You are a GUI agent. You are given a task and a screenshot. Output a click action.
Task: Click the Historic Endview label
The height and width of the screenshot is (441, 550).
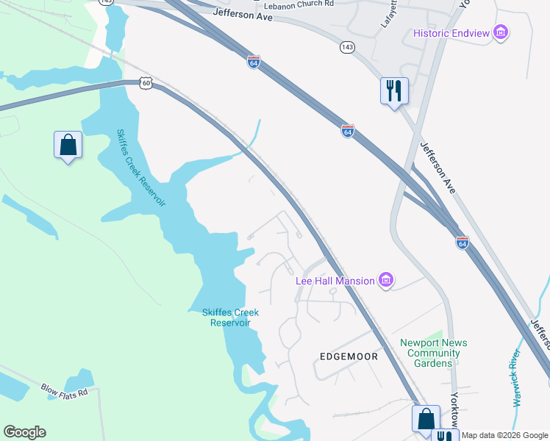tap(451, 32)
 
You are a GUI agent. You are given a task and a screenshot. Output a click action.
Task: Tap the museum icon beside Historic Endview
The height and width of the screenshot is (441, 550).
tap(501, 32)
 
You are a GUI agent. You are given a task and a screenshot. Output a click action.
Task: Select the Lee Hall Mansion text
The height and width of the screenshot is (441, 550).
tap(335, 280)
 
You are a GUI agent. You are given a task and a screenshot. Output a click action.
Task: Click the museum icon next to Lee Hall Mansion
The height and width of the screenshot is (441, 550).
tap(385, 279)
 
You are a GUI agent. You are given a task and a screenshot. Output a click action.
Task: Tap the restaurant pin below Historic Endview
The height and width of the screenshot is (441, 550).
tap(394, 91)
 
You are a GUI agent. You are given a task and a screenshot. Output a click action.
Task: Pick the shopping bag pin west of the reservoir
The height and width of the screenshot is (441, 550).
tap(68, 145)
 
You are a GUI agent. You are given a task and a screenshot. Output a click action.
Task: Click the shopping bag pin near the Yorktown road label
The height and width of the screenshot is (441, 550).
tap(426, 419)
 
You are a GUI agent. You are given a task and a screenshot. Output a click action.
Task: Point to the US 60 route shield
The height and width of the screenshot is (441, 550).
tap(147, 83)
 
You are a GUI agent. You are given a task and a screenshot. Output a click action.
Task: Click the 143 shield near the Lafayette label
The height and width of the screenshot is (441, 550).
tap(346, 47)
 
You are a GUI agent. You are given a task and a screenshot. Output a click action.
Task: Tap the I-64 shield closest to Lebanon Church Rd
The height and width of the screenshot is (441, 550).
tap(253, 62)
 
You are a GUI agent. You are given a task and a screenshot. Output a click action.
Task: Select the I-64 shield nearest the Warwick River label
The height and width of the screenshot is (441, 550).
tap(462, 242)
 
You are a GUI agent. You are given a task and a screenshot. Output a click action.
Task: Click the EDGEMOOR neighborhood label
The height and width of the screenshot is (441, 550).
tap(349, 356)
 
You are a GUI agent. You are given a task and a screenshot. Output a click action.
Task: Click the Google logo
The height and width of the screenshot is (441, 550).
tap(24, 432)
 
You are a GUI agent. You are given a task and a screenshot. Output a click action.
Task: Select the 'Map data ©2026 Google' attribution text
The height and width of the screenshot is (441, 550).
tap(505, 435)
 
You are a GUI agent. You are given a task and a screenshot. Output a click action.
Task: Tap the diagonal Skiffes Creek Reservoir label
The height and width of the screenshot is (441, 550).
tap(141, 168)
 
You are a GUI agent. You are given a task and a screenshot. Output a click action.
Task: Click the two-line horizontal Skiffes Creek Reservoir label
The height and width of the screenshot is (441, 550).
tap(231, 318)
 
